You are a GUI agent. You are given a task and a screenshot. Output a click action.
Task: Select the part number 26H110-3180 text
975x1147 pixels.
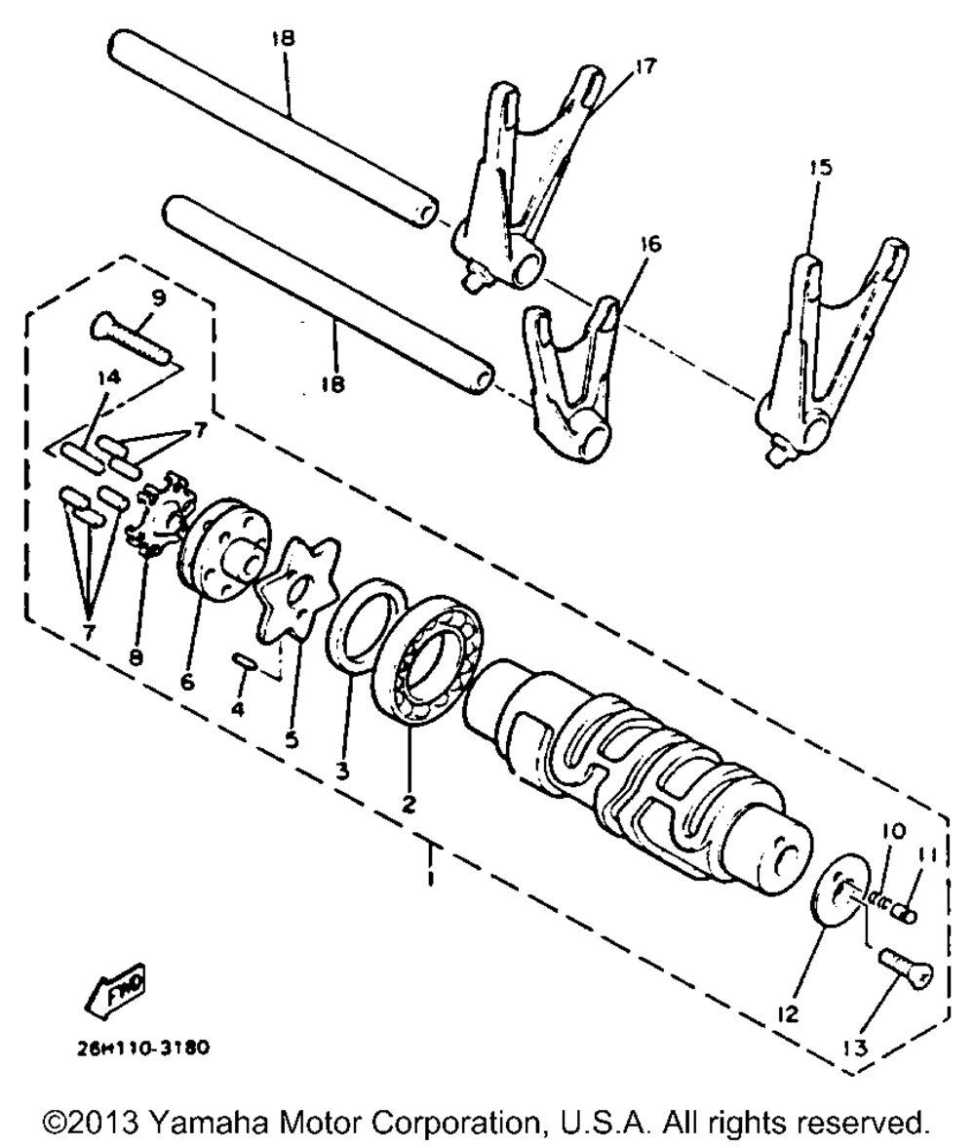pyautogui.click(x=144, y=1052)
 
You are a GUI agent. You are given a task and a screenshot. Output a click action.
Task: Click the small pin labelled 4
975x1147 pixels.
pyautogui.click(x=244, y=663)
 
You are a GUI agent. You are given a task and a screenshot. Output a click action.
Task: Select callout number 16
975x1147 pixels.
pyautogui.click(x=649, y=244)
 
